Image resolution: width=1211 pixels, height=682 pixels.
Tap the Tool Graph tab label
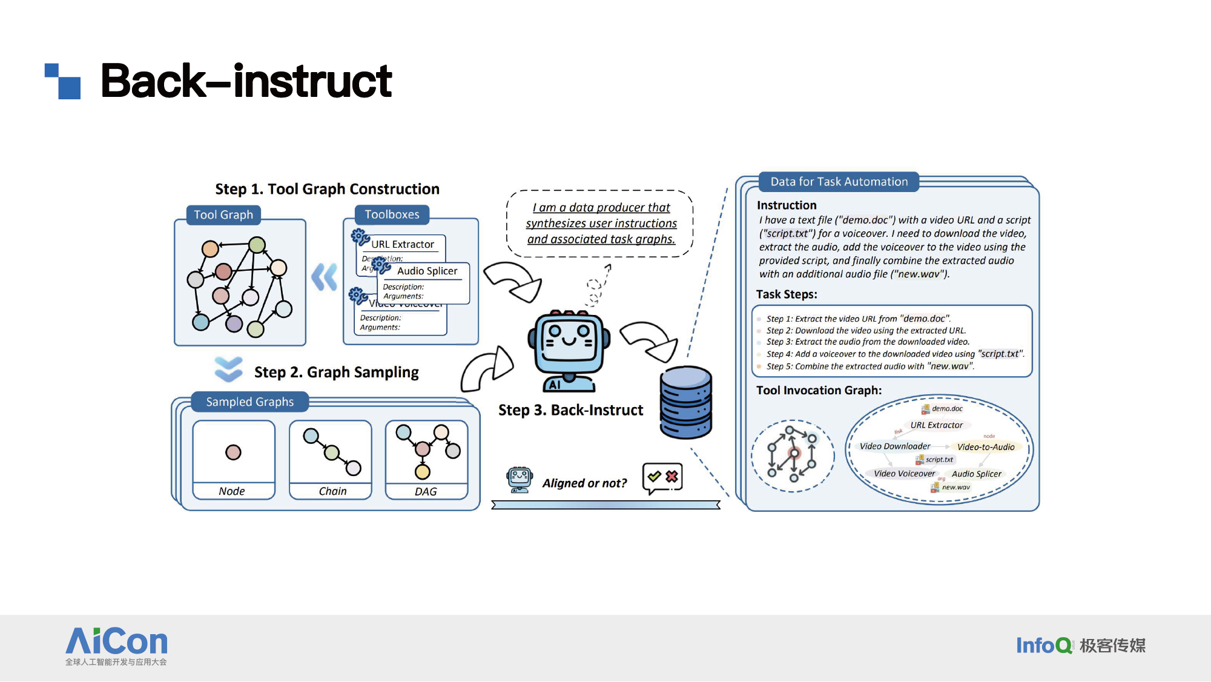223,215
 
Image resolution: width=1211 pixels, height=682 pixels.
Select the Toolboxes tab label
392,214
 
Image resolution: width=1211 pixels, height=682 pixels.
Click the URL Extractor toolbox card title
403,244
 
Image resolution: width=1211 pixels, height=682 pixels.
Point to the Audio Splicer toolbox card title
427,271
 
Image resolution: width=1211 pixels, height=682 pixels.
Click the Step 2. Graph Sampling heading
336,372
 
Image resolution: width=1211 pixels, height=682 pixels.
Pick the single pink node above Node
233,452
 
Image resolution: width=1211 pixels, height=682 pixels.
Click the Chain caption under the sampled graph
332,491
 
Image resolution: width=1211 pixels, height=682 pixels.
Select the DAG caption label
426,492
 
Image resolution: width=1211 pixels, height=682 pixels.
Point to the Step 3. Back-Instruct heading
570,410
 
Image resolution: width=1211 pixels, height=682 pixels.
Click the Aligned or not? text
584,483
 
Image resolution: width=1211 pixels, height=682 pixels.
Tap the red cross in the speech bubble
671,477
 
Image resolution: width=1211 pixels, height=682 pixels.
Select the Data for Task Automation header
839,182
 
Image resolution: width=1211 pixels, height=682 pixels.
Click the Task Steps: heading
787,294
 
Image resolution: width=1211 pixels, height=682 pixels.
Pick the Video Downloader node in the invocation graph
895,446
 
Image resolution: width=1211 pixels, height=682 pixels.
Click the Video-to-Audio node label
986,447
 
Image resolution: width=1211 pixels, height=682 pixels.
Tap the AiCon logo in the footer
116,646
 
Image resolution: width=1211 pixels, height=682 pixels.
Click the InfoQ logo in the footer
1043,646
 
